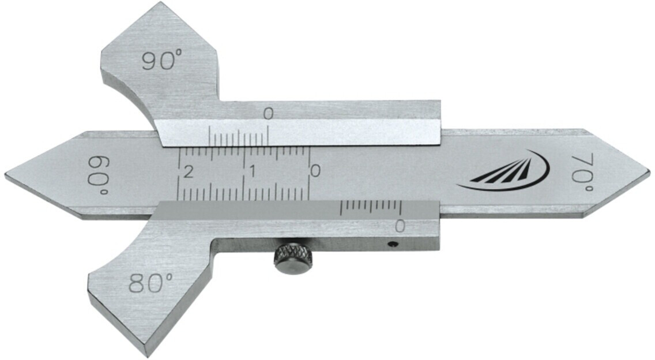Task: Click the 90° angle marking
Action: [162, 60]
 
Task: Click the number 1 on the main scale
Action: [252, 171]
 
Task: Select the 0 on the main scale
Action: [314, 171]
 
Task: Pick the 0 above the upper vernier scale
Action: [268, 114]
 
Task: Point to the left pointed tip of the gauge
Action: [7, 174]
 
